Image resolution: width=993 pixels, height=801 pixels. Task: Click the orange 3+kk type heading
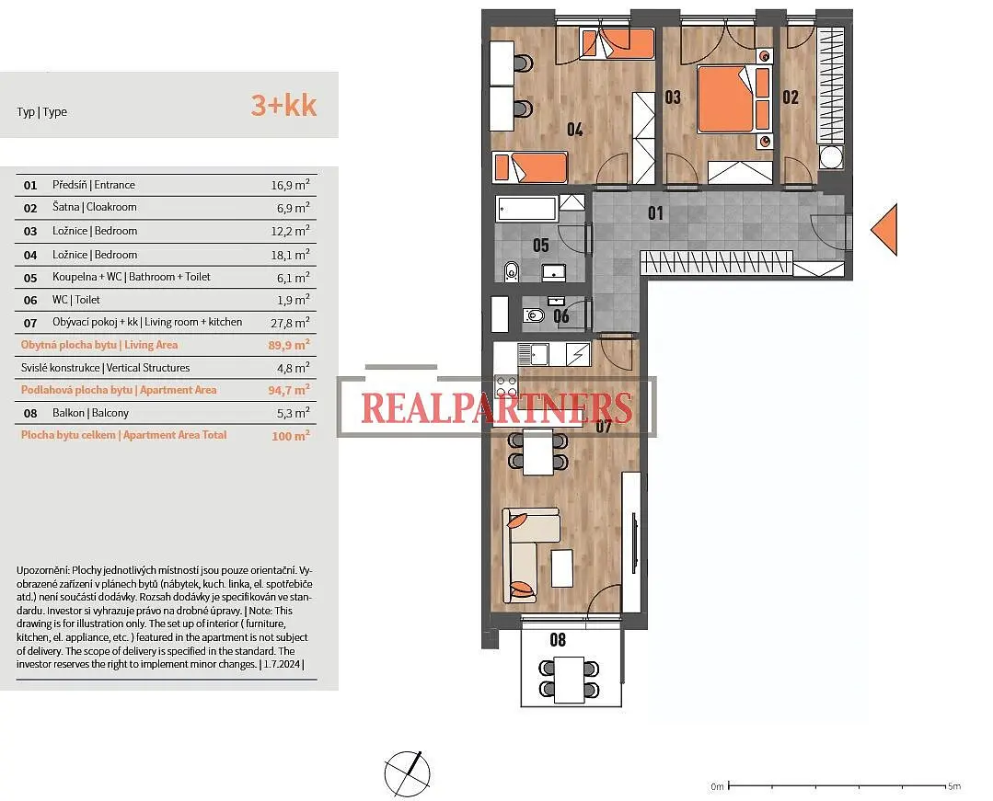tap(283, 105)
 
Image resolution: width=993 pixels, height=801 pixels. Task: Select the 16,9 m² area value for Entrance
tap(290, 185)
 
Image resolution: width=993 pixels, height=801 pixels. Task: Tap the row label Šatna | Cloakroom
tap(95, 207)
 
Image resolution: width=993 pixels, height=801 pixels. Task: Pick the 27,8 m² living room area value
tap(290, 323)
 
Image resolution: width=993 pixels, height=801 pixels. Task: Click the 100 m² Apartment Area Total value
tap(291, 435)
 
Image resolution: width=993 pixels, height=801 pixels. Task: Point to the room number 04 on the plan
tap(574, 130)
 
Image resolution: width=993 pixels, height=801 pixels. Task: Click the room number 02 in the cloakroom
tap(791, 97)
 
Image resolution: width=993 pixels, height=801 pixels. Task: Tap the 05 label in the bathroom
tap(541, 245)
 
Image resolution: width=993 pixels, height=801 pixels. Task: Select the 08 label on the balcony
tap(558, 640)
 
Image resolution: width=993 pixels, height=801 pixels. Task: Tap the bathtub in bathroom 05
tap(527, 209)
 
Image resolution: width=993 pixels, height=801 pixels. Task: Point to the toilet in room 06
tap(534, 315)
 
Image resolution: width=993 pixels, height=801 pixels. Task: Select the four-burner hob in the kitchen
tap(506, 386)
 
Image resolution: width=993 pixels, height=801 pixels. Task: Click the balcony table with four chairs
tap(569, 679)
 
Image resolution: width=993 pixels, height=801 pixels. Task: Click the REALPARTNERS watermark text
tap(497, 407)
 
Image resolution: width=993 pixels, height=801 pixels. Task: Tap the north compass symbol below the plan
tap(407, 774)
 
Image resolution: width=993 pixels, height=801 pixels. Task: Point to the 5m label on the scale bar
tap(953, 786)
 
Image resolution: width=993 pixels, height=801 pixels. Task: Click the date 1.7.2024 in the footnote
tap(283, 664)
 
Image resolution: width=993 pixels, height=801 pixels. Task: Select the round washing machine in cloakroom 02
tap(831, 157)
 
